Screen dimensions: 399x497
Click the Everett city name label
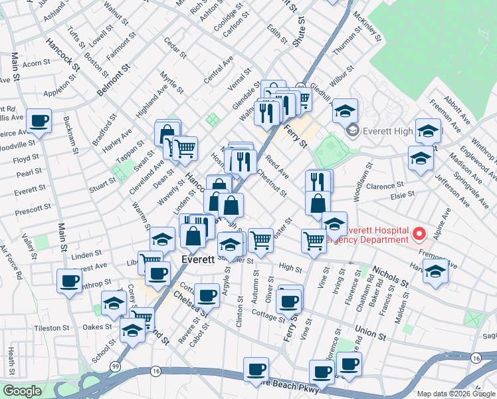198,259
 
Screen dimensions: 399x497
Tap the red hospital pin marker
419,234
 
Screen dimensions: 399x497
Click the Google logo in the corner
22,391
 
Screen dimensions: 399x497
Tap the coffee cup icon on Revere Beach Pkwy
255,370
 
